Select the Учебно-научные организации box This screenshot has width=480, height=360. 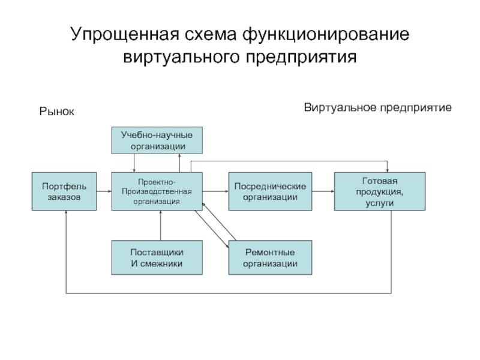[x=157, y=140]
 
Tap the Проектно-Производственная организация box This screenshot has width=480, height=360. [x=157, y=191]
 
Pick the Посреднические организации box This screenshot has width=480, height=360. [x=270, y=191]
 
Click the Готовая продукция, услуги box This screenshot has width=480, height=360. [x=379, y=191]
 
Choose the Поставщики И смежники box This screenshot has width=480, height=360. [x=157, y=257]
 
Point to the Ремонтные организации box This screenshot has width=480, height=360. [x=270, y=257]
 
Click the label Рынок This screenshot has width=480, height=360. [x=57, y=111]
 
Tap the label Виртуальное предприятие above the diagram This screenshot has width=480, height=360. [x=377, y=108]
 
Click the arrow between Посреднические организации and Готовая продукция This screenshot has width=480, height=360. [x=323, y=191]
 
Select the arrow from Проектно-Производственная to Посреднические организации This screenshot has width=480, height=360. [x=215, y=191]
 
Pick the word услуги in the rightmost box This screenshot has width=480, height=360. [x=379, y=203]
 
